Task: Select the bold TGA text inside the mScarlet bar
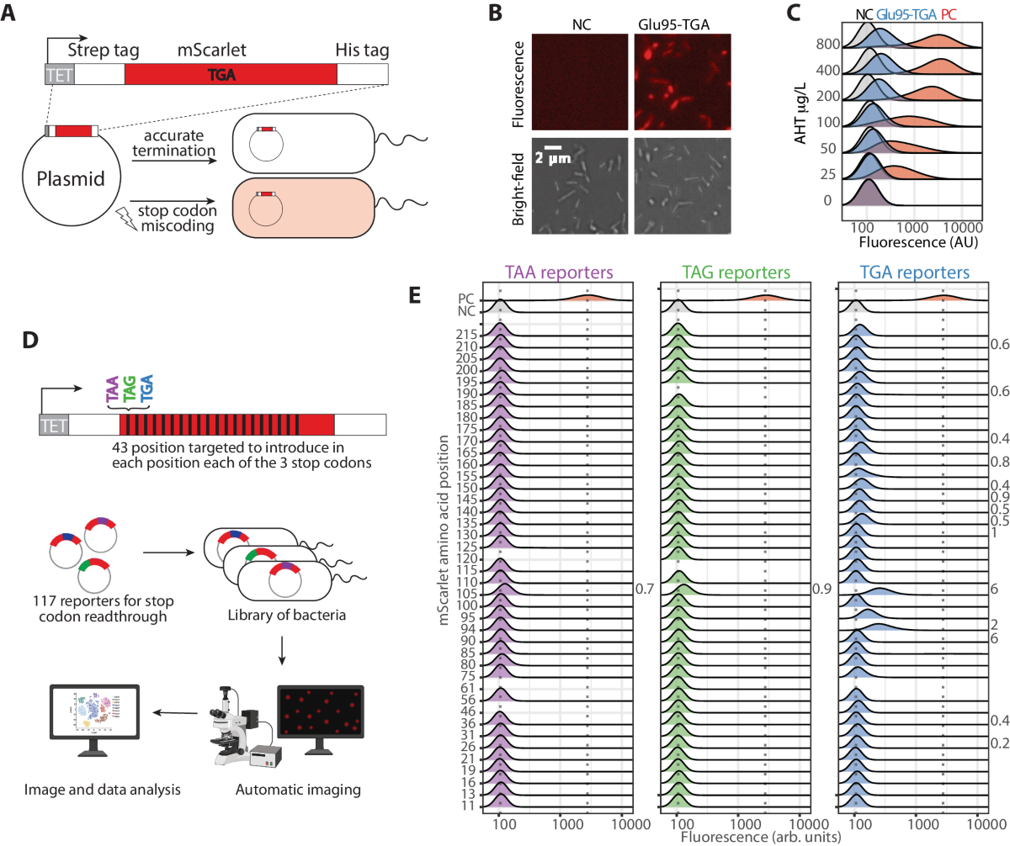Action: [x=221, y=75]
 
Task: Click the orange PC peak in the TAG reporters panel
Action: [x=764, y=296]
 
